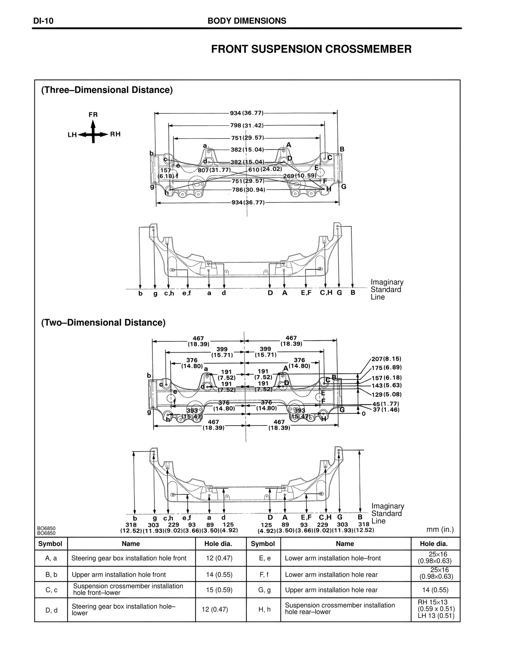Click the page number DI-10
click(44, 21)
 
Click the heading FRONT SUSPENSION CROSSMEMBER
click(311, 49)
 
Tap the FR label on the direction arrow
click(93, 114)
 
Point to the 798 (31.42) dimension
click(247, 125)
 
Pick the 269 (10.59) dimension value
click(299, 176)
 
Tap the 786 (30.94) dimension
click(248, 189)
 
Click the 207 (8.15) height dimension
click(386, 359)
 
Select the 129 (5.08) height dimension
click(386, 395)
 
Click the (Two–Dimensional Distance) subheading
click(103, 322)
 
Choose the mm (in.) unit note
click(440, 530)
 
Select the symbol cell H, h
click(263, 609)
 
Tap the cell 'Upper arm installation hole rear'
click(331, 590)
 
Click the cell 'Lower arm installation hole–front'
click(333, 558)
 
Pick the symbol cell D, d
click(51, 610)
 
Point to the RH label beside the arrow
click(115, 134)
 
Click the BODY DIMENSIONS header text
click(247, 21)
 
